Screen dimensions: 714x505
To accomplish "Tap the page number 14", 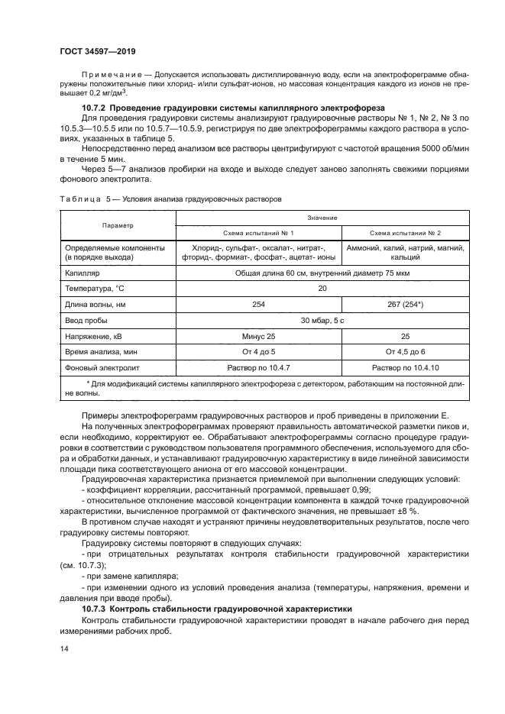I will (64, 649).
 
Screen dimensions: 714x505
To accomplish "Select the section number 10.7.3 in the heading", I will (95, 609).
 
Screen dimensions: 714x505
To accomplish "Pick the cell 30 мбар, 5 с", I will (323, 321).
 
